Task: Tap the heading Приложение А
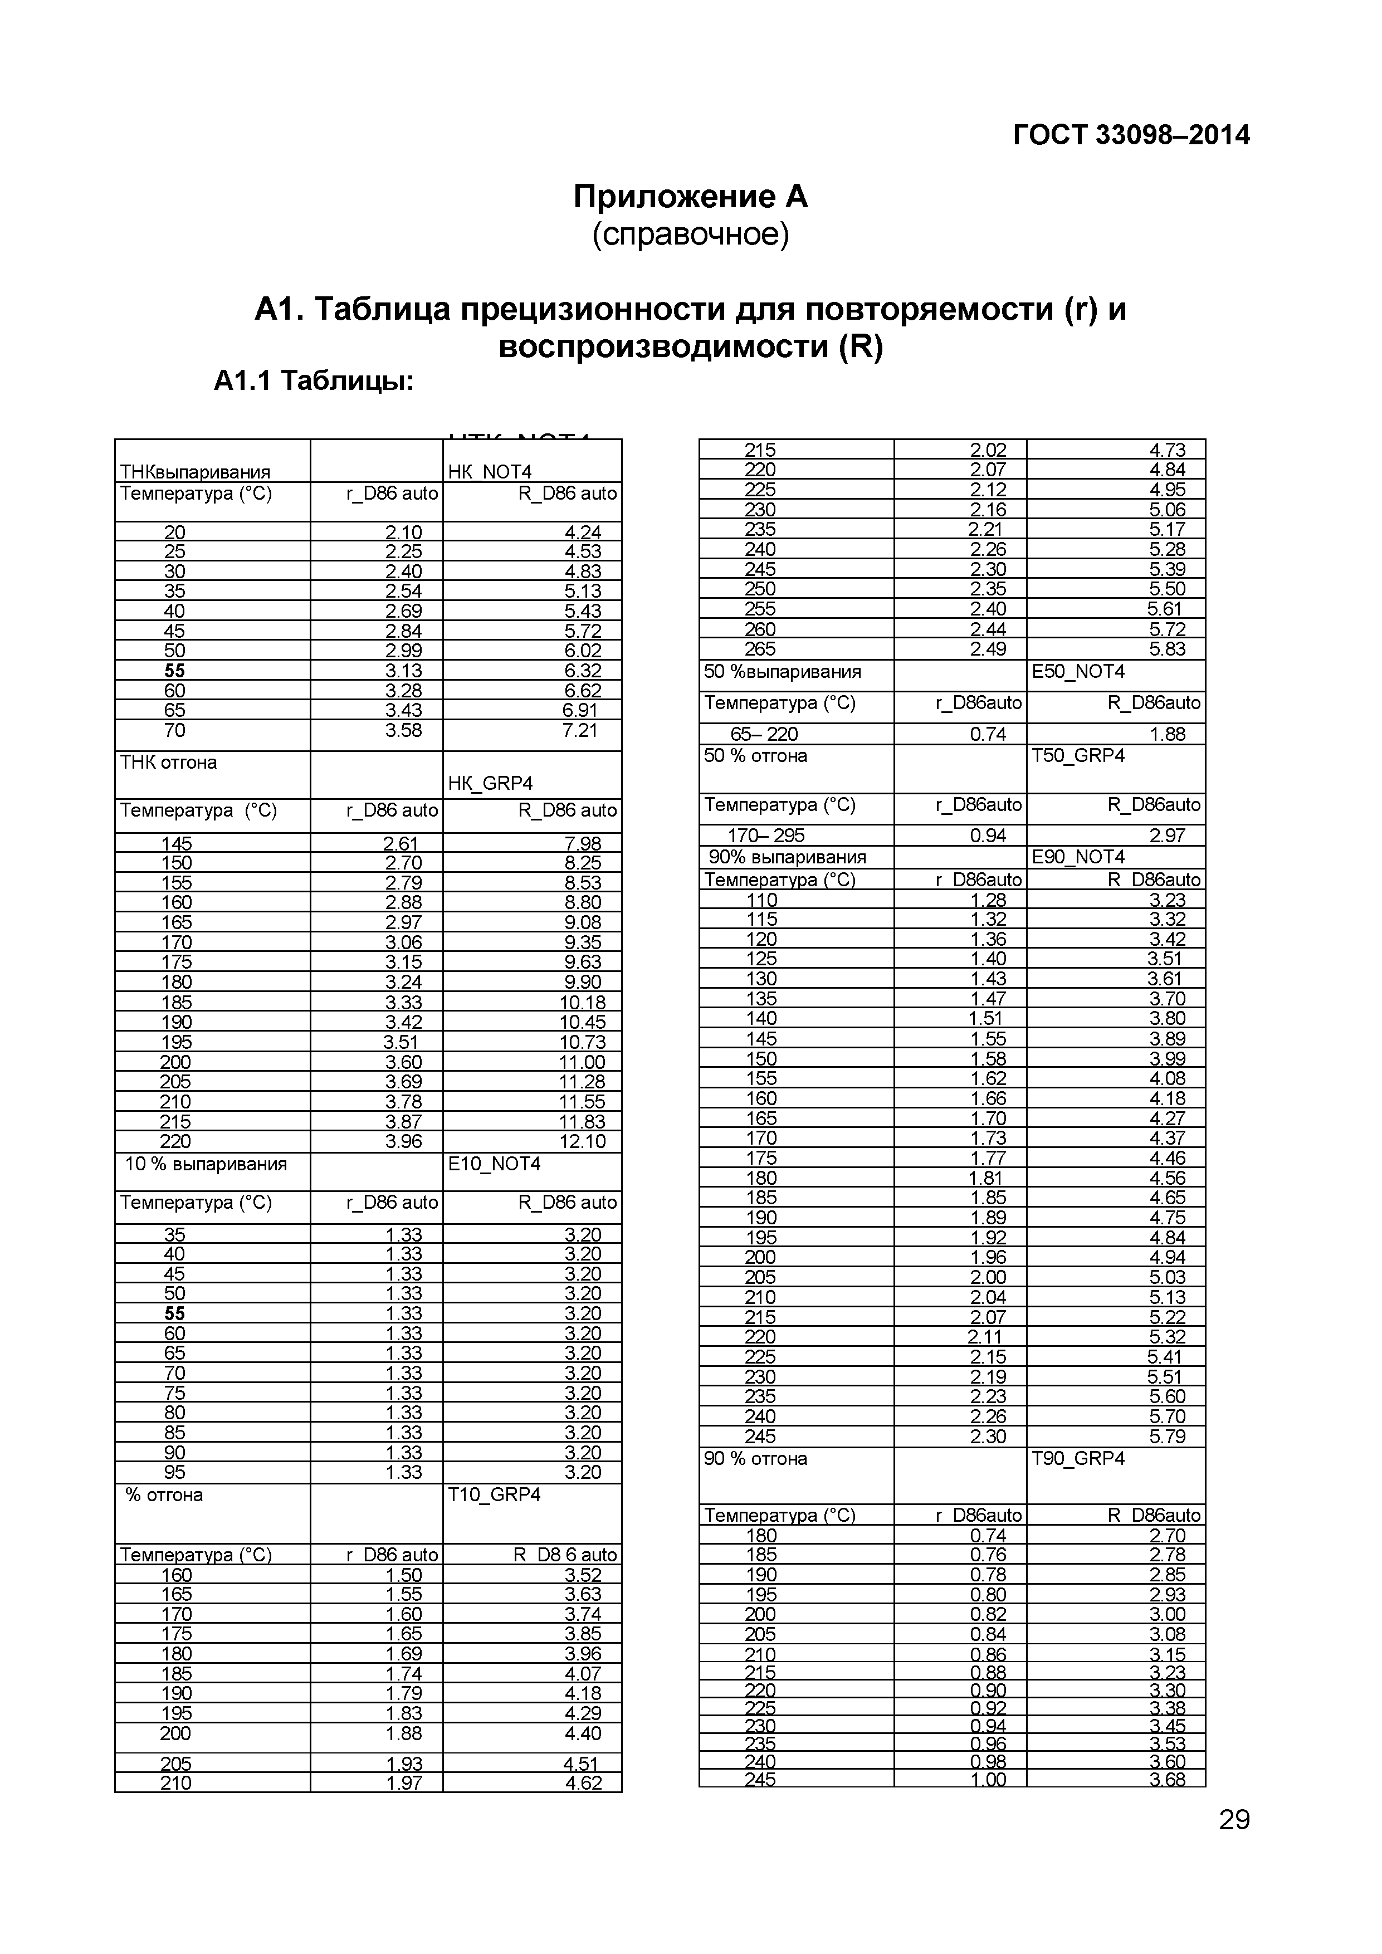[x=690, y=197]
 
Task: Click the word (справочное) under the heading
[x=690, y=234]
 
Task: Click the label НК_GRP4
[x=490, y=783]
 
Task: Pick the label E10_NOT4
[x=494, y=1164]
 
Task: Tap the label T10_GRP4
[x=494, y=1494]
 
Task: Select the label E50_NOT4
[x=1077, y=671]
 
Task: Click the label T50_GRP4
[x=1077, y=756]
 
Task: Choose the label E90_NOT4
[x=1077, y=857]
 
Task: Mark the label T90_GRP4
[x=1077, y=1459]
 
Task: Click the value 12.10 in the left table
[x=582, y=1141]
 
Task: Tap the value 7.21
[x=582, y=730]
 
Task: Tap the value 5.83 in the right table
[x=1166, y=648]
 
